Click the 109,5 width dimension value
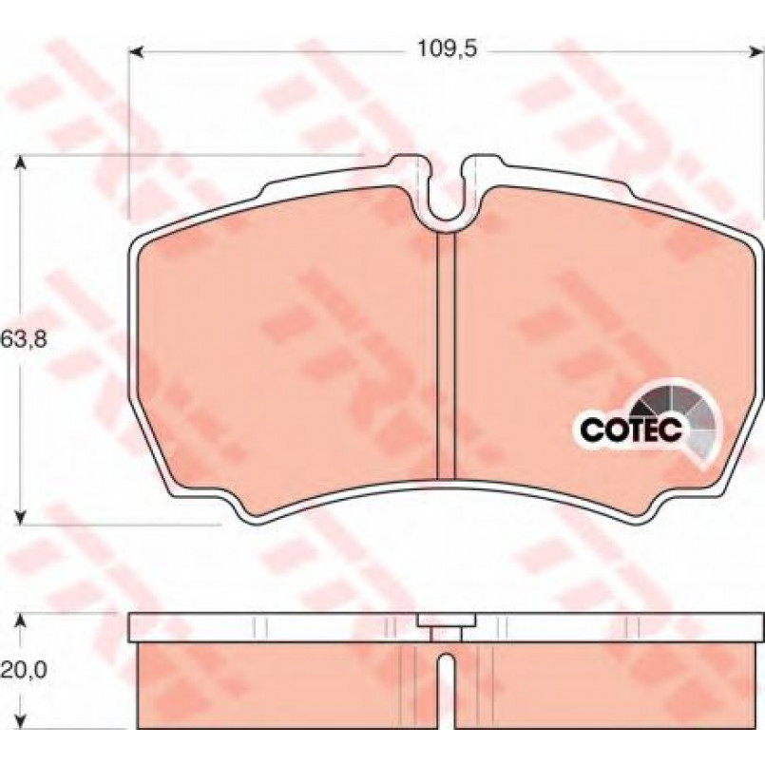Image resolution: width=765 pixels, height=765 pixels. tap(447, 49)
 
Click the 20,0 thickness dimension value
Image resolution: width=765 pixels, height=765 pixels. tap(25, 670)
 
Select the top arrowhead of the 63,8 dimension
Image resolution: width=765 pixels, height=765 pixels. tap(20, 163)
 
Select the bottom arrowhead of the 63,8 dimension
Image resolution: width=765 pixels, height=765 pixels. tap(20, 517)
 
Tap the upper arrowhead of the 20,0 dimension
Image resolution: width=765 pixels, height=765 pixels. tap(20, 622)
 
